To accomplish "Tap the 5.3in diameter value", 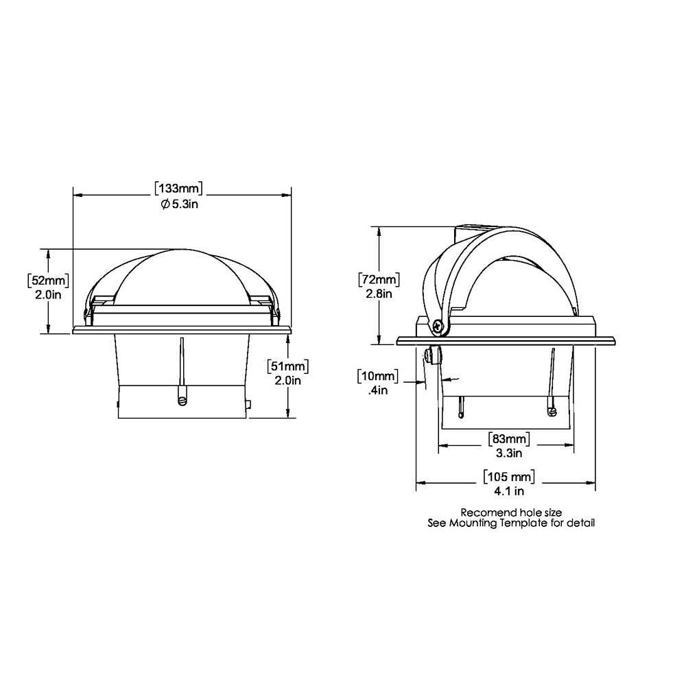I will click(x=186, y=204).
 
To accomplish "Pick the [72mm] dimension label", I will click(x=379, y=280).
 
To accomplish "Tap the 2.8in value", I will click(x=379, y=294).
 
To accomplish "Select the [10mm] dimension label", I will click(x=377, y=376).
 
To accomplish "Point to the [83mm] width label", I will click(x=508, y=438).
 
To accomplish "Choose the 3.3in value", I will click(x=508, y=453).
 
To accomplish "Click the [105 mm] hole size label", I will click(x=508, y=477).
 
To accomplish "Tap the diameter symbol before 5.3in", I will click(x=165, y=204).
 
